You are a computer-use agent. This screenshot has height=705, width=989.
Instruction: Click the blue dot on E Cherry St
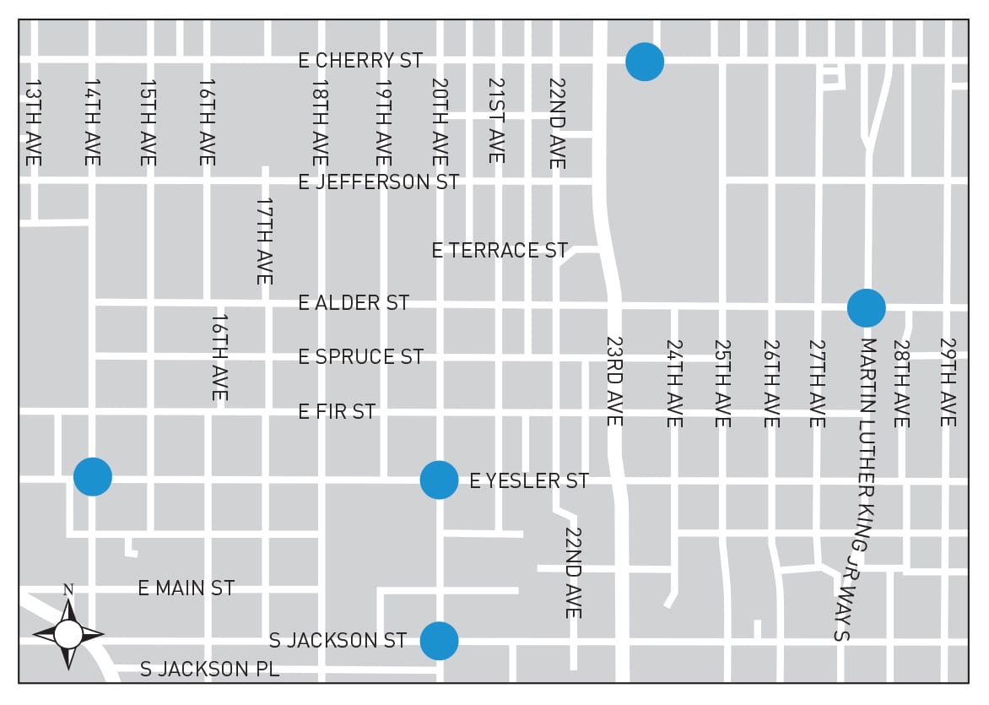tap(645, 62)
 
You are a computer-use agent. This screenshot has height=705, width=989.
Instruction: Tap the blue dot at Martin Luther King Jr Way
tap(866, 307)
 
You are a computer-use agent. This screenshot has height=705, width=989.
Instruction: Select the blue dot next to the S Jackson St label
tap(439, 641)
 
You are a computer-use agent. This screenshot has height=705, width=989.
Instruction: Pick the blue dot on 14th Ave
tap(93, 476)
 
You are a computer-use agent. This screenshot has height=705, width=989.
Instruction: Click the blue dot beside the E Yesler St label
tap(439, 480)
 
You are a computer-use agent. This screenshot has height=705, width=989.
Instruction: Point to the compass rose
tap(68, 634)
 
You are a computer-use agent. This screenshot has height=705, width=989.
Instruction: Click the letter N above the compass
tap(68, 589)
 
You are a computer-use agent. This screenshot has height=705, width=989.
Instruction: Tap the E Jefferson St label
tap(379, 182)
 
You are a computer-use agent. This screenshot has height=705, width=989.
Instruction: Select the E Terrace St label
tap(500, 251)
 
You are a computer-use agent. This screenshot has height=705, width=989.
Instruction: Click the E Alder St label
tap(354, 303)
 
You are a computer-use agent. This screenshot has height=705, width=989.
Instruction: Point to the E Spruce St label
tap(360, 357)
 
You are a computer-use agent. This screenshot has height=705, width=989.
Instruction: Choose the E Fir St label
tap(337, 412)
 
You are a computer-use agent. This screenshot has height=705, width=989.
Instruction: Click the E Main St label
tap(186, 588)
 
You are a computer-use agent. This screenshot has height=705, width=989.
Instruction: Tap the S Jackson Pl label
tap(209, 670)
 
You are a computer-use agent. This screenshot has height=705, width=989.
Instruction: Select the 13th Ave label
tap(33, 123)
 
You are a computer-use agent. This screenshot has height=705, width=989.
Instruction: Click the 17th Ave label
tap(264, 241)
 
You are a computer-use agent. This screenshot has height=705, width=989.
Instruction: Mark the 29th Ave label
tap(948, 382)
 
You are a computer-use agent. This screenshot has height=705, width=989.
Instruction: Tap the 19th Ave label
tap(383, 123)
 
